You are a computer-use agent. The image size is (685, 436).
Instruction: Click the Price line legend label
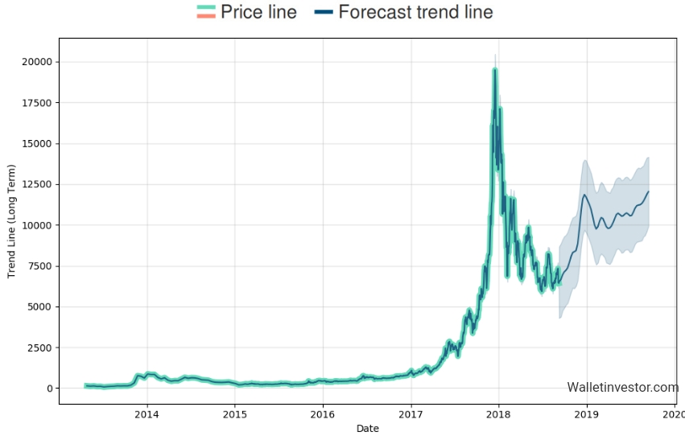[258, 12]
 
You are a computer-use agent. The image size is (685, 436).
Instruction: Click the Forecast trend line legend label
[415, 12]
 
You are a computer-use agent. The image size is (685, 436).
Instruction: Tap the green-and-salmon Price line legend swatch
[206, 12]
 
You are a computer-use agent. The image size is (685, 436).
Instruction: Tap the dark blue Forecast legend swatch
[323, 12]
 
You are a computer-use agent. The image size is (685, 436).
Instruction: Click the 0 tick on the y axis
[50, 389]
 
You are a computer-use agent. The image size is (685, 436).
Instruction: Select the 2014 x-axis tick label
[146, 414]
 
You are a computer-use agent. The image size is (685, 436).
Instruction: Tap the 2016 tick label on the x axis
[323, 414]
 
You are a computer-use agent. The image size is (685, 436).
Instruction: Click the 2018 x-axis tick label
[499, 414]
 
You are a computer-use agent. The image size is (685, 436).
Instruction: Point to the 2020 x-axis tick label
[674, 414]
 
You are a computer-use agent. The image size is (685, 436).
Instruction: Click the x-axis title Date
[367, 429]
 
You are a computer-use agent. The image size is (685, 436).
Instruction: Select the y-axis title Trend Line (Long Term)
[11, 220]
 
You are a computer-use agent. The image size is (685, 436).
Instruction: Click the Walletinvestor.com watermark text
[622, 388]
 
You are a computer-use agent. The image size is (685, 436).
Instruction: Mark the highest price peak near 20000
[495, 70]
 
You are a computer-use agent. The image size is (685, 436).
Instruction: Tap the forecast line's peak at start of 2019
[585, 195]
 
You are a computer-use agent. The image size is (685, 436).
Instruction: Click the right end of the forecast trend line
[648, 191]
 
